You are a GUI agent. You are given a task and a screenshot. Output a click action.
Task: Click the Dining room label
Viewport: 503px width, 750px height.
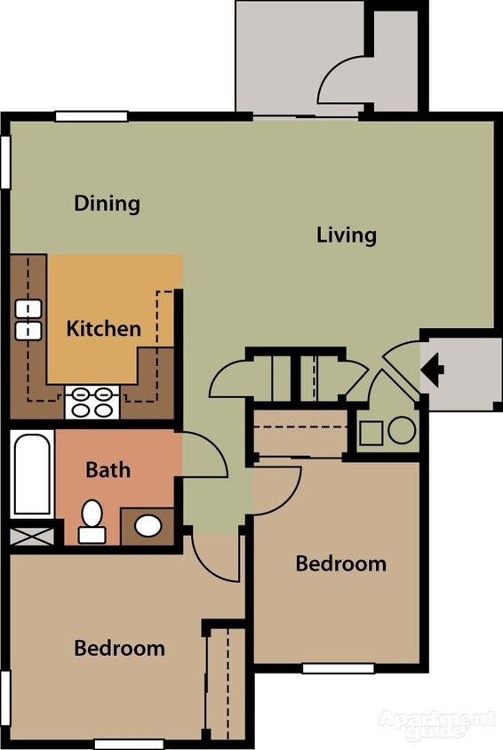pyautogui.click(x=107, y=203)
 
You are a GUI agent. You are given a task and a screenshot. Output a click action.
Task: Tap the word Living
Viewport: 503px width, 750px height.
pyautogui.click(x=347, y=235)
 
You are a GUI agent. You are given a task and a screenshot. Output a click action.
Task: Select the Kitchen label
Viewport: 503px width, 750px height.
pyautogui.click(x=103, y=329)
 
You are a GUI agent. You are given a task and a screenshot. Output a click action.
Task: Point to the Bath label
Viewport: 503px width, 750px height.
pyautogui.click(x=108, y=469)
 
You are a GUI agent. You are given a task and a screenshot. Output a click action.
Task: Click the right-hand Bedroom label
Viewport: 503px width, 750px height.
pyautogui.click(x=340, y=563)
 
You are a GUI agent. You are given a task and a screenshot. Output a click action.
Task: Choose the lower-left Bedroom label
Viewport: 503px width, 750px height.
pyautogui.click(x=119, y=649)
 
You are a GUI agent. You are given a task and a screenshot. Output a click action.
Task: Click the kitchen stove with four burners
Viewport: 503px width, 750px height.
pyautogui.click(x=92, y=402)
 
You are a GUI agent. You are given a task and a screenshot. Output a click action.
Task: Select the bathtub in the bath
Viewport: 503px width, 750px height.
pyautogui.click(x=32, y=473)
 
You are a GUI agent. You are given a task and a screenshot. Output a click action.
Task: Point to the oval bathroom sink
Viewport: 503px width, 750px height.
pyautogui.click(x=148, y=525)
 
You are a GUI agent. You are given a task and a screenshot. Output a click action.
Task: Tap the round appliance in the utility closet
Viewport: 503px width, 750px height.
pyautogui.click(x=402, y=431)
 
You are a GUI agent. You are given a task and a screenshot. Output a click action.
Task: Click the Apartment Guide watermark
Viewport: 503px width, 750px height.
pyautogui.click(x=436, y=724)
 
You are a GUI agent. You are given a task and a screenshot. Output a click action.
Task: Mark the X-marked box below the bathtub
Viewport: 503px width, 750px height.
pyautogui.click(x=30, y=535)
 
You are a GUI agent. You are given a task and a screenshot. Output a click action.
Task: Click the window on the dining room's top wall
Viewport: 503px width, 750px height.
pyautogui.click(x=91, y=116)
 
